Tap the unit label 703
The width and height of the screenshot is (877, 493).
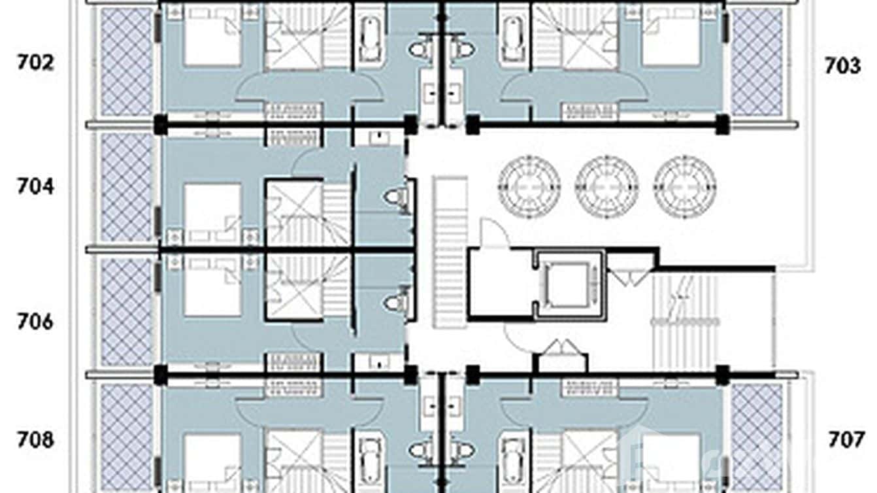842,66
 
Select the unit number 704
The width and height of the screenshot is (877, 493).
35,186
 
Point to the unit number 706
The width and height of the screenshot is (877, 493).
35,322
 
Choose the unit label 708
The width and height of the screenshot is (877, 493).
35,440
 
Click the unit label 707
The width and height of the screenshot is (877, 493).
846,440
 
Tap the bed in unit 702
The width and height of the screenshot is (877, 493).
212,36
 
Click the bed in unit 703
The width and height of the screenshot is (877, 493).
671,36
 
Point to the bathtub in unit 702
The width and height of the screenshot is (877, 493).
369,39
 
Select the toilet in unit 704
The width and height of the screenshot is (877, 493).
394,197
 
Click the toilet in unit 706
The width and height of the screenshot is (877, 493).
394,302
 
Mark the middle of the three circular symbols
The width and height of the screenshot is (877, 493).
606,187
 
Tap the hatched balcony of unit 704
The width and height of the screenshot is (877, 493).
127,187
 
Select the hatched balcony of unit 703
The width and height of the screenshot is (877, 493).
757,62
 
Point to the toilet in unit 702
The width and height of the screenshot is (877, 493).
420,49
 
